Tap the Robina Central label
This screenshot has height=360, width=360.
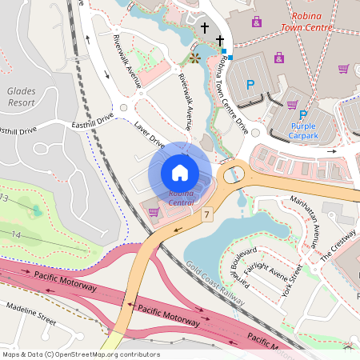(x=180, y=198)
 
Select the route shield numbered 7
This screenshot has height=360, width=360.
(x=206, y=214)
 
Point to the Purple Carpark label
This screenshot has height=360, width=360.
(x=303, y=131)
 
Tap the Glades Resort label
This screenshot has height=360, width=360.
(x=22, y=97)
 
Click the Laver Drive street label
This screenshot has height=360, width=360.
(x=150, y=134)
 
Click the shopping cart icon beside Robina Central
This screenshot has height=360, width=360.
(x=154, y=212)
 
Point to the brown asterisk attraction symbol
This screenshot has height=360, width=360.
(x=194, y=57)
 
